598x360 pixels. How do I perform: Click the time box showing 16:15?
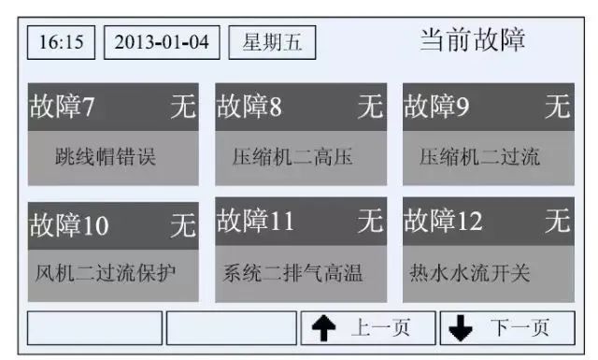pyautogui.click(x=61, y=42)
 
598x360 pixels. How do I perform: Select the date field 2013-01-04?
pyautogui.click(x=162, y=42)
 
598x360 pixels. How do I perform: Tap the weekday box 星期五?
pyautogui.click(x=272, y=42)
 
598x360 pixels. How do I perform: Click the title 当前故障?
pyautogui.click(x=472, y=39)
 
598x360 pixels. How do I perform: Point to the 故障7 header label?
pyautogui.click(x=62, y=106)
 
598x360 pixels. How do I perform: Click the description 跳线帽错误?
pyautogui.click(x=106, y=156)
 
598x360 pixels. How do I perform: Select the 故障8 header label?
pyautogui.click(x=249, y=106)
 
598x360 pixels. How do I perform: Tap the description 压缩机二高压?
pyautogui.click(x=292, y=157)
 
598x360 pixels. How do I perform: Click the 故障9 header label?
pyautogui.click(x=436, y=106)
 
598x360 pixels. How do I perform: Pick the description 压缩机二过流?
pyautogui.click(x=479, y=157)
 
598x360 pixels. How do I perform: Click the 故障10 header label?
pyautogui.click(x=69, y=224)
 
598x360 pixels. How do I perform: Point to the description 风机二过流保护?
pyautogui.click(x=106, y=273)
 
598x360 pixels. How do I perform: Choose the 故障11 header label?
pyautogui.click(x=255, y=221)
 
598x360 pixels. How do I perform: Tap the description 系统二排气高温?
pyautogui.click(x=292, y=273)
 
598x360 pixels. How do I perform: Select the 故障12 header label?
pyautogui.click(x=443, y=221)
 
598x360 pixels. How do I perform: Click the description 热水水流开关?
pyautogui.click(x=470, y=273)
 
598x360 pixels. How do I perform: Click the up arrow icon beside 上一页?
pyautogui.click(x=324, y=328)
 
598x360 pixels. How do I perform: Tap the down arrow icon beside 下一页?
pyautogui.click(x=461, y=328)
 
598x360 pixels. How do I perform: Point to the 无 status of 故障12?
pyautogui.click(x=558, y=221)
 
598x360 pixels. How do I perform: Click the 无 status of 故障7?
pyautogui.click(x=183, y=106)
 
